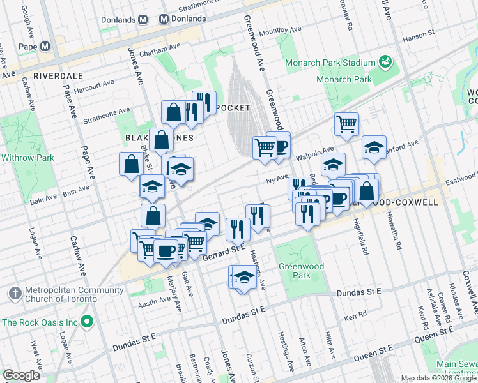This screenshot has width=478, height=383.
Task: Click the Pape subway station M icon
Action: pyautogui.click(x=45, y=47)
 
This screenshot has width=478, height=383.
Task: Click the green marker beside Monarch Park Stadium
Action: pyautogui.click(x=385, y=62)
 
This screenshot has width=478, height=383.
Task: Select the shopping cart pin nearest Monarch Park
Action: pyautogui.click(x=346, y=123)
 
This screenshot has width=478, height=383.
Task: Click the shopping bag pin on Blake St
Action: pyautogui.click(x=131, y=163)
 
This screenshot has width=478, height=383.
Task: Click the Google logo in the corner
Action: pyautogui.click(x=21, y=375)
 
